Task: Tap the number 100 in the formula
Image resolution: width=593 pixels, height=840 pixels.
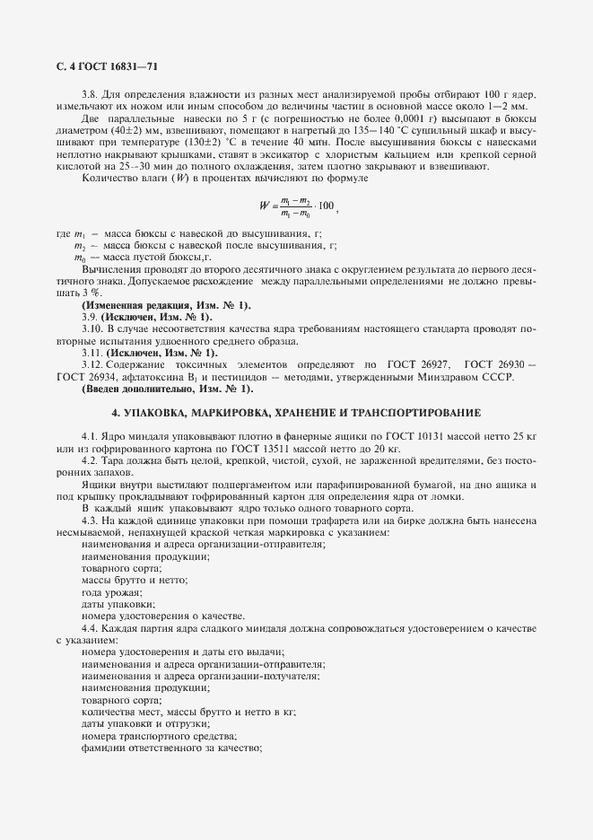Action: point(324,206)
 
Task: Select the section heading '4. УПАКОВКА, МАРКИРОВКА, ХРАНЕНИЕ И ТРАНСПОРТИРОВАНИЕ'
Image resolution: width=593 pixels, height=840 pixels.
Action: point(296,413)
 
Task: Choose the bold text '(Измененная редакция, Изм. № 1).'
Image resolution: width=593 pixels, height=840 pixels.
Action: point(167,306)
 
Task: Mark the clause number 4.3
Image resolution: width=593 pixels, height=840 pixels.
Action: point(91,521)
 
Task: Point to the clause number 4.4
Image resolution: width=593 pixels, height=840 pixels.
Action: point(91,628)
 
